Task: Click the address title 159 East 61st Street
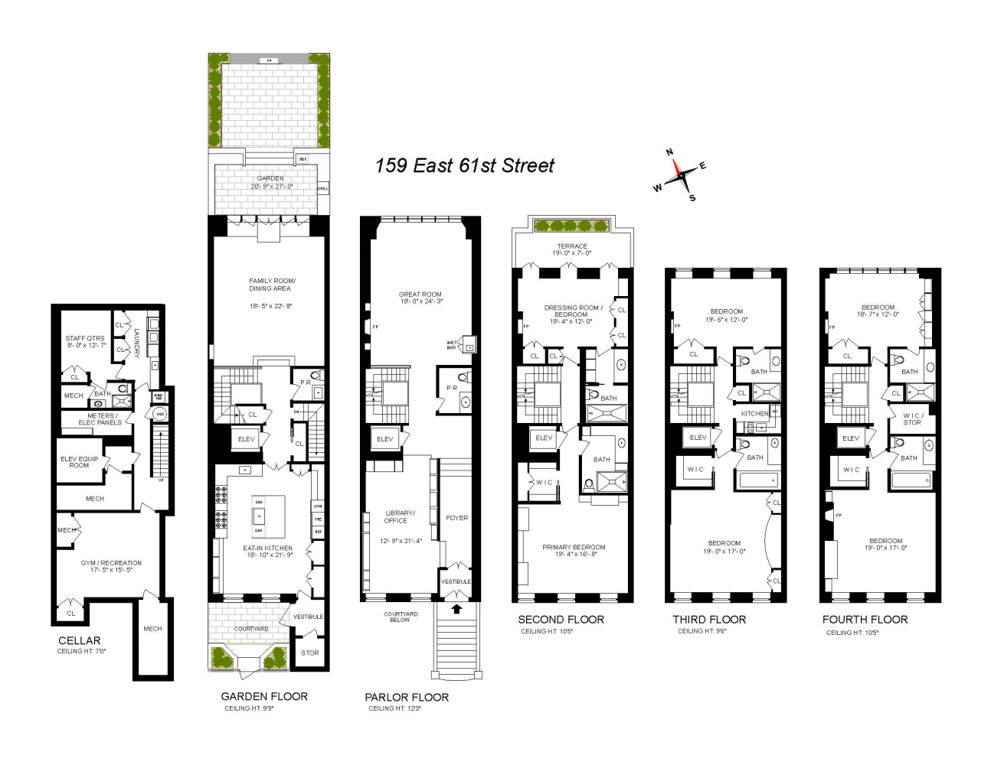coord(464,166)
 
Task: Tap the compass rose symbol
coord(679,176)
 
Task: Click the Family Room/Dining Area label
coord(271,285)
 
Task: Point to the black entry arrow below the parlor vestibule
coord(457,609)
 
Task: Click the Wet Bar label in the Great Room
coord(452,345)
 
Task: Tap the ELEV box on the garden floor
coord(247,440)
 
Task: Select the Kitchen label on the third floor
coord(754,414)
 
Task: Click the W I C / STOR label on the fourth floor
coord(911,419)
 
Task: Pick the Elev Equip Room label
coord(79,462)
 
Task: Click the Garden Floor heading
coord(264,696)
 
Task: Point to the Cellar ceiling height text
coord(81,652)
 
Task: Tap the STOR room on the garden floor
coord(309,653)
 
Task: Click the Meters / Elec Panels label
coord(100,419)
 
